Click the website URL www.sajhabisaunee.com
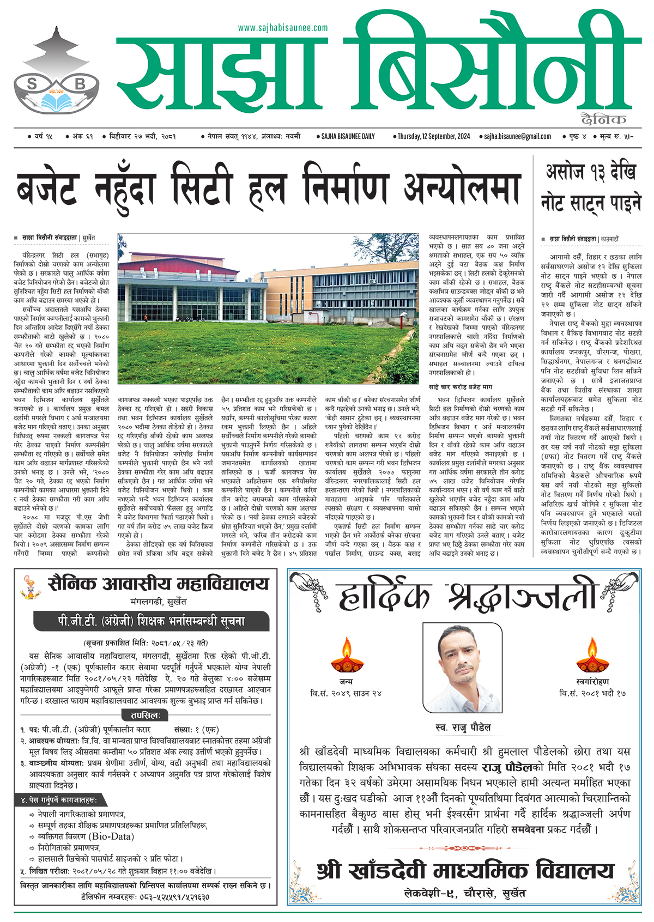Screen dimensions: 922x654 283,28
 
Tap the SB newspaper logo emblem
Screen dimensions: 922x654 57,79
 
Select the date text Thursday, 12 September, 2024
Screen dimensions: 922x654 433,136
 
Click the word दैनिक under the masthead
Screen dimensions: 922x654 604,119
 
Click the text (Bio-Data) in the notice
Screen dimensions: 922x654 111,836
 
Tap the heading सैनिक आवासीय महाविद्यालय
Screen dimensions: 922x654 158,584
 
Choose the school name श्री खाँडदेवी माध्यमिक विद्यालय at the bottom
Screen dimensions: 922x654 465,871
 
